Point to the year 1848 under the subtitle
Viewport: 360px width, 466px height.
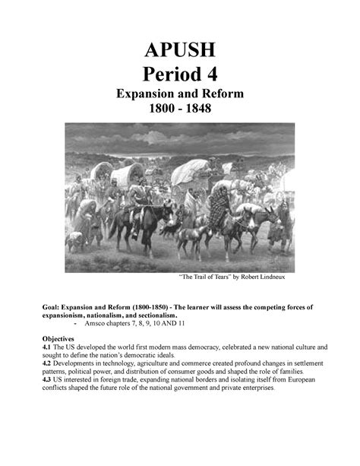pos(199,111)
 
